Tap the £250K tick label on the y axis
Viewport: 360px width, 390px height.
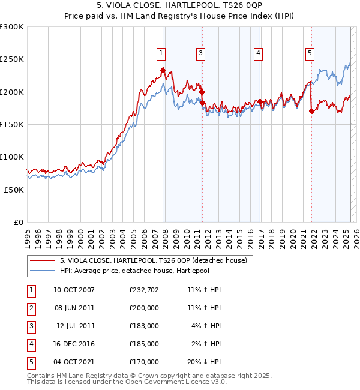[x=12, y=59]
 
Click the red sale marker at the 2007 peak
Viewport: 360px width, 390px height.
[x=163, y=71]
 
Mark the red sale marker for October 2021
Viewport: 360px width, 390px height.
[x=311, y=111]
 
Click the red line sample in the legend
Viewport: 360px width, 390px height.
[x=42, y=260]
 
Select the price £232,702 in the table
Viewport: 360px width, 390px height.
[x=144, y=290]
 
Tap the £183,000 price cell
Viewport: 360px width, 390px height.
[x=144, y=326]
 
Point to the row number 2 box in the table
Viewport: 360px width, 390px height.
[x=30, y=308]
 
